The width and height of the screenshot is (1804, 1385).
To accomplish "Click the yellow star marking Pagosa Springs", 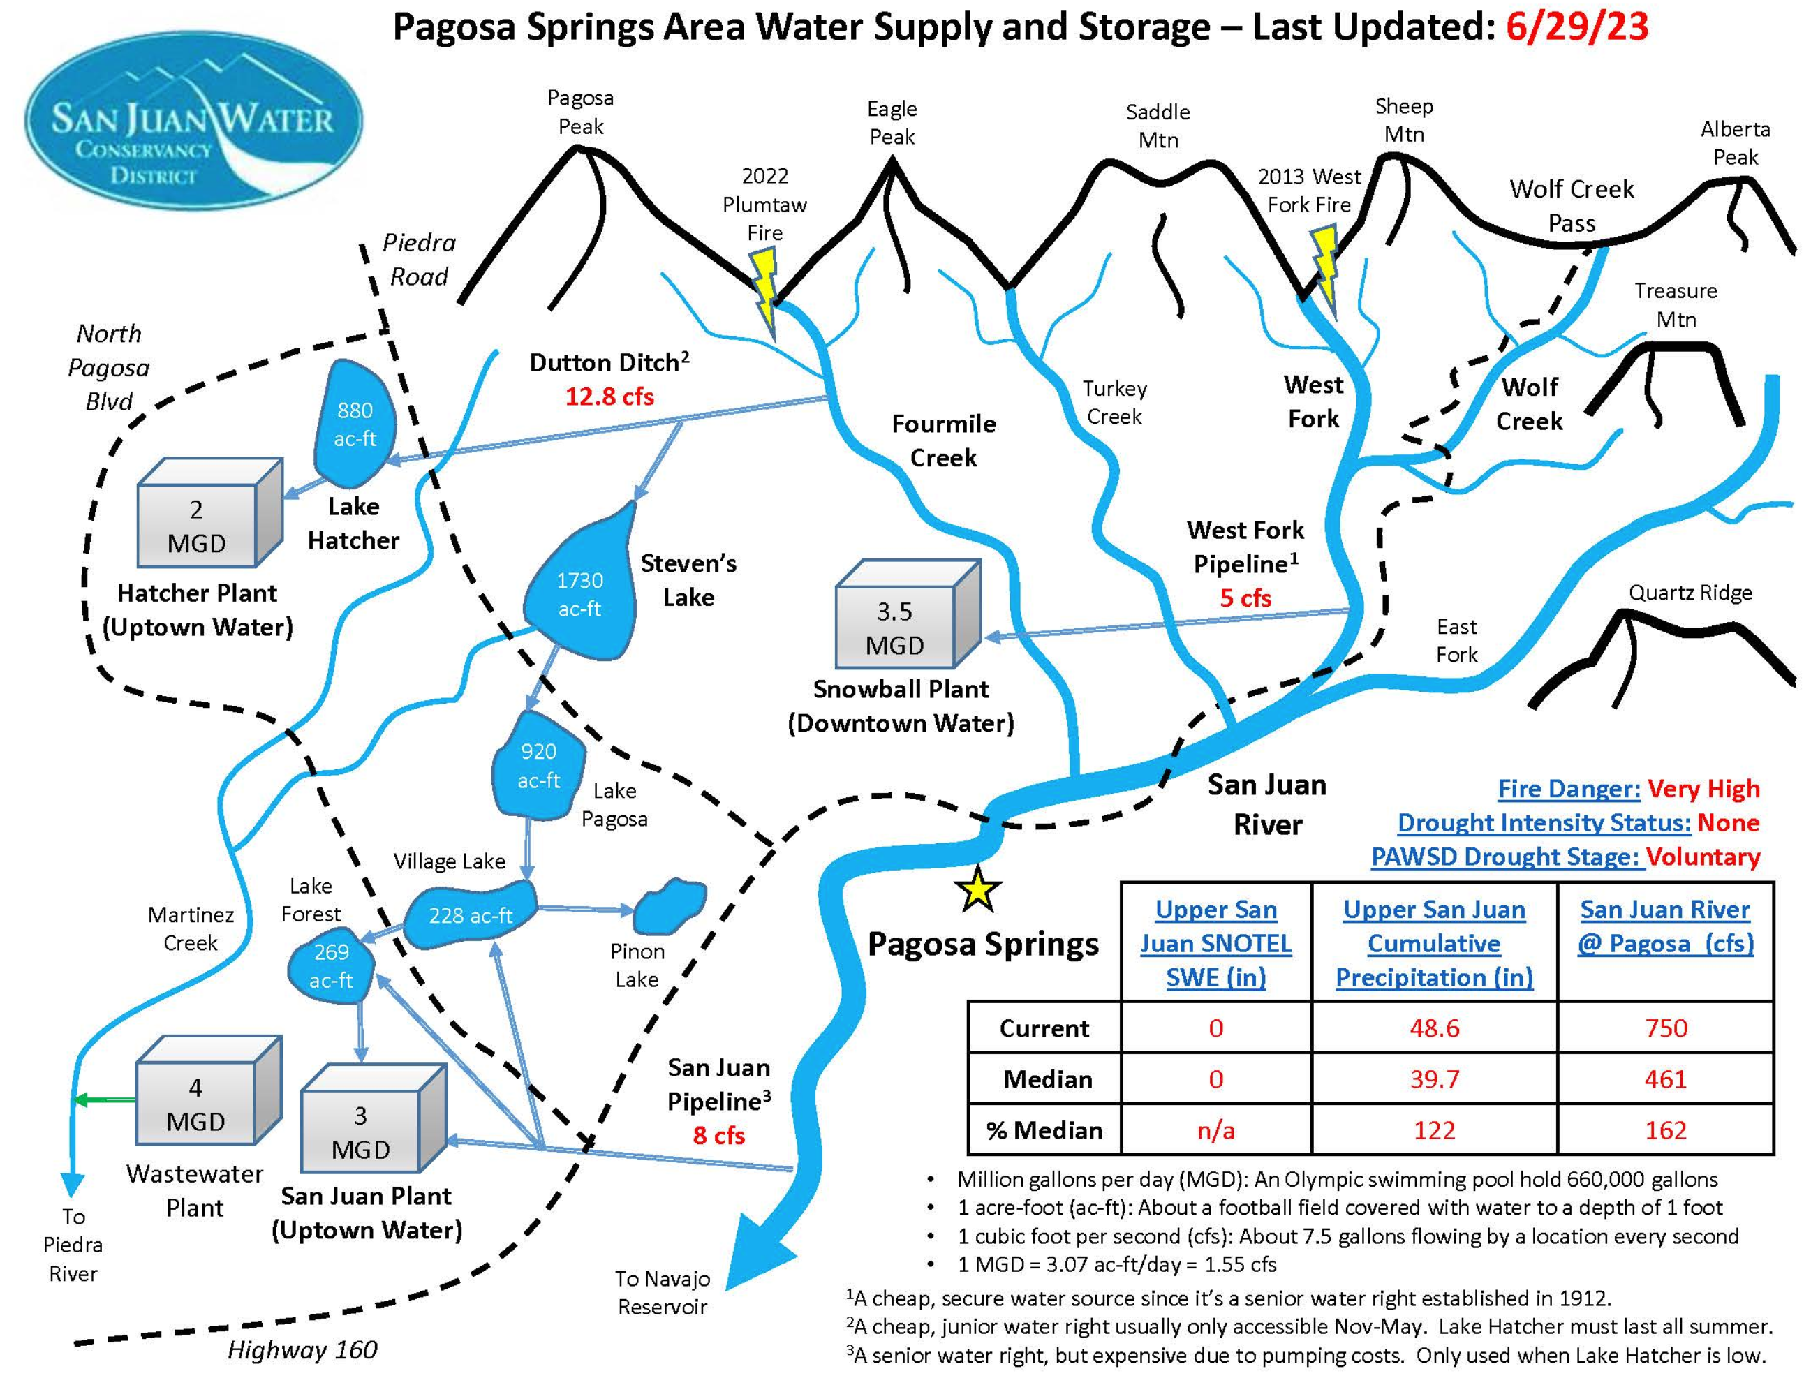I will pos(976,889).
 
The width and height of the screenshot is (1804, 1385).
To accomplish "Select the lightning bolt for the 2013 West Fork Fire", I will pos(1325,269).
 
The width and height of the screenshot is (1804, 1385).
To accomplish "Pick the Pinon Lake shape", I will pos(670,905).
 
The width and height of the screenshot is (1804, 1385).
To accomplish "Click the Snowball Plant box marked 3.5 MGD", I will pos(896,627).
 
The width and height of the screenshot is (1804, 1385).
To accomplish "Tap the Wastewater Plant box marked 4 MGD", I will pos(196,1103).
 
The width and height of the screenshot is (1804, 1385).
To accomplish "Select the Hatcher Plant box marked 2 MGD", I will pos(197,525).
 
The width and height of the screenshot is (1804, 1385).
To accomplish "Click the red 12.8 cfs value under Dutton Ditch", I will pos(609,397).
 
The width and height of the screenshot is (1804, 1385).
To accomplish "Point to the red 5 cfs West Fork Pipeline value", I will pos(1245,598).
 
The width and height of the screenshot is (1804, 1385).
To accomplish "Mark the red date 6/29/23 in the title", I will pos(1576,27).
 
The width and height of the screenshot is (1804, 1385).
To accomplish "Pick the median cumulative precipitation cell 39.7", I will pos(1434,1079).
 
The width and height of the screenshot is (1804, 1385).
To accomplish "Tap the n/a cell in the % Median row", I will pos(1215,1130).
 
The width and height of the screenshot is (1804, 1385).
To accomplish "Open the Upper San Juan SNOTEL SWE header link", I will pos(1215,943).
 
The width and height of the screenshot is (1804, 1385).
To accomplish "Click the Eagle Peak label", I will pos(892,122).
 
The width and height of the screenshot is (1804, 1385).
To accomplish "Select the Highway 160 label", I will pos(302,1349).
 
